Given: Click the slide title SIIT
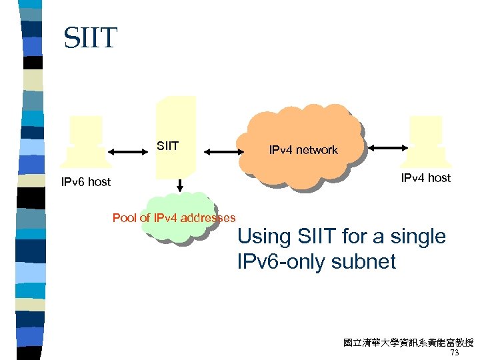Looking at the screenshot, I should tap(90, 38).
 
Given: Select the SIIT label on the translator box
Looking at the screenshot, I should tap(167, 145).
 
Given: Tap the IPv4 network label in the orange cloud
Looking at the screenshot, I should tap(303, 150).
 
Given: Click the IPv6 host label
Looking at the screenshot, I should tap(85, 181).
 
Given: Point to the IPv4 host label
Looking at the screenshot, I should tap(425, 178).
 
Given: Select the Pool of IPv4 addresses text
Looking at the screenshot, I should tap(174, 217).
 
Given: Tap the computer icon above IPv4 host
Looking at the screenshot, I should tap(425, 141).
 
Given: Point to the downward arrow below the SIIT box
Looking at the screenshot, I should tap(178, 184).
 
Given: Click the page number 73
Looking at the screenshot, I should tap(455, 353).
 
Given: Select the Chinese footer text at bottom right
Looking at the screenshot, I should tap(408, 343).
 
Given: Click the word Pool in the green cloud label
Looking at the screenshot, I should tap(124, 217).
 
